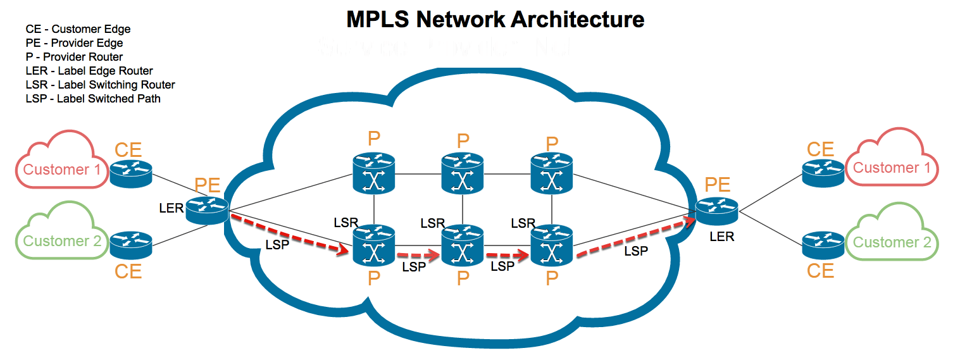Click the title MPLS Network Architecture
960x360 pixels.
(495, 19)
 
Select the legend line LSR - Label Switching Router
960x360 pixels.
(100, 85)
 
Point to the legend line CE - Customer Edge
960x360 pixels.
(78, 29)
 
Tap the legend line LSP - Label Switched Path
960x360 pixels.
(93, 99)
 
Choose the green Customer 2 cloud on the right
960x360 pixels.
(892, 238)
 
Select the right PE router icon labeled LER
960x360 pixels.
(718, 211)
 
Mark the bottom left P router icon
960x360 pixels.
(373, 246)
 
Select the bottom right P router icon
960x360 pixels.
(552, 246)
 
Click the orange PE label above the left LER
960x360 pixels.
(207, 185)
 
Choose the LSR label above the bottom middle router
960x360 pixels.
(433, 223)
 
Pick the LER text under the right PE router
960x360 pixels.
(722, 237)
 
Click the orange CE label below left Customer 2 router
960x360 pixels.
(128, 271)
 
